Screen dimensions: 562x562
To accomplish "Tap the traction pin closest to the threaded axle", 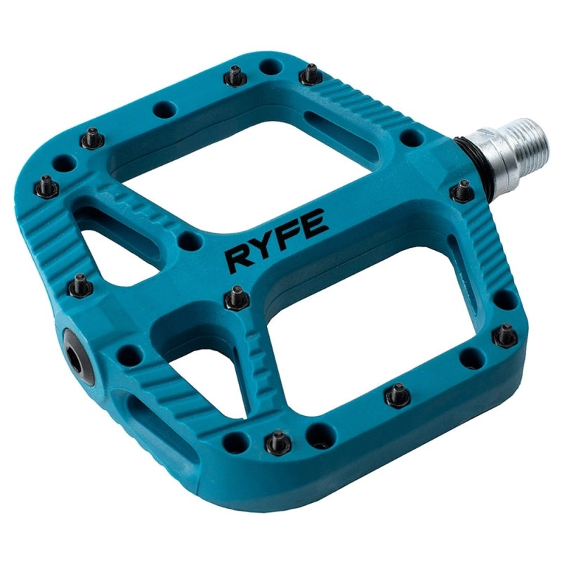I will (462, 190).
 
